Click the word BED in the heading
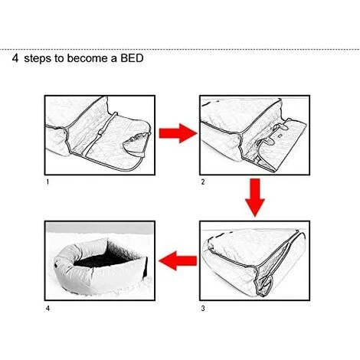132,58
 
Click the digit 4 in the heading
15,58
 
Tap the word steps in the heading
38,59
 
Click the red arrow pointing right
178,133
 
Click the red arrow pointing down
255,198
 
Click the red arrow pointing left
178,260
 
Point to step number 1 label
47,182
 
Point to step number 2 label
203,182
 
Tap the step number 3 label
203,309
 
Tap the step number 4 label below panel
47,309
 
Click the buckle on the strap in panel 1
101,132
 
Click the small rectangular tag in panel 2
280,135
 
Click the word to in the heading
58,58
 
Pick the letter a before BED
114,60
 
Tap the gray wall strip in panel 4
100,227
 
